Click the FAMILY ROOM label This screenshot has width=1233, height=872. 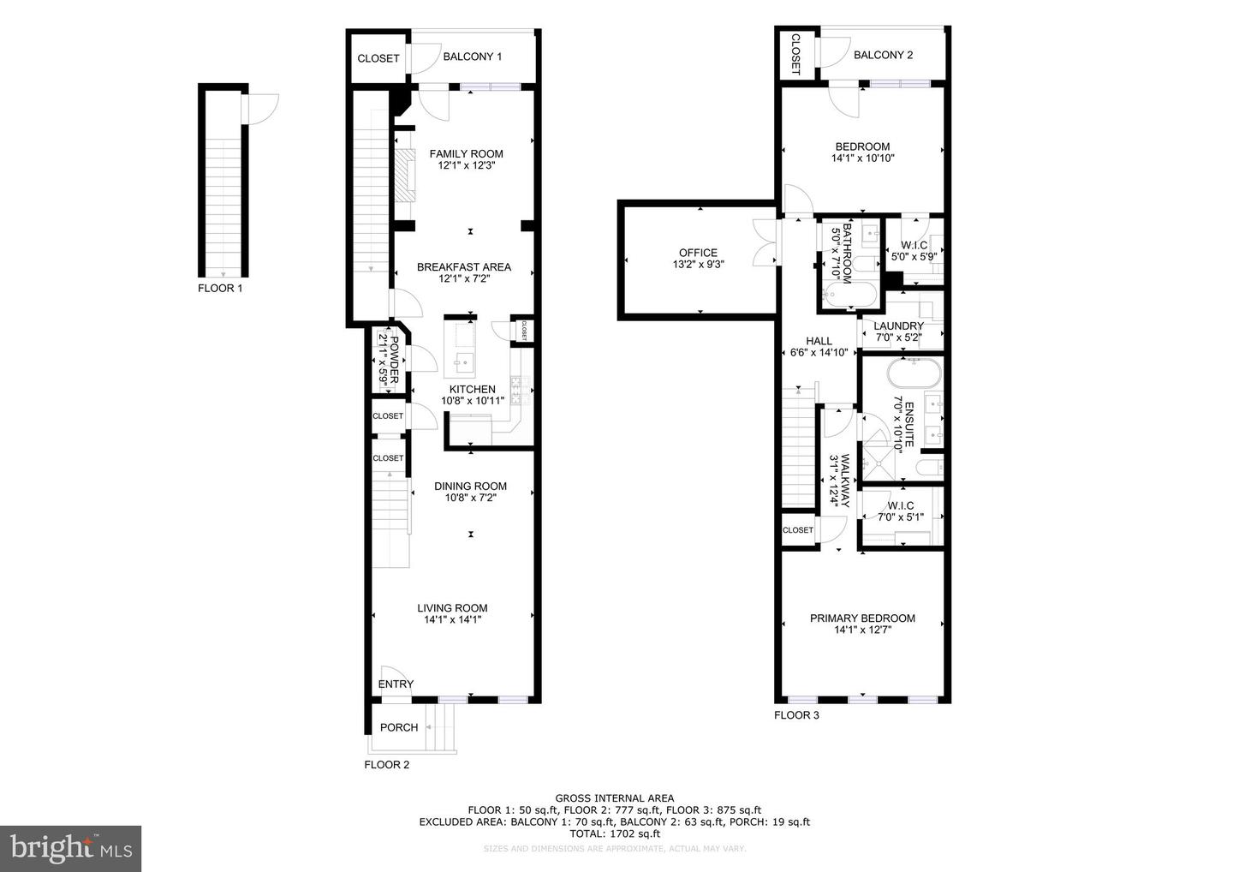467,154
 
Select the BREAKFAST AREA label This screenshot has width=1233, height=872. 464,267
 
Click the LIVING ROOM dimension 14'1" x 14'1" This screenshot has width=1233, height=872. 453,619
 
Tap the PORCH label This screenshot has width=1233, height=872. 399,727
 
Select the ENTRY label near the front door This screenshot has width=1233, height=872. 396,684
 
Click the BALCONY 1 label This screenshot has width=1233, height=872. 473,57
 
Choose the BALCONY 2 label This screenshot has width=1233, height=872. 884,55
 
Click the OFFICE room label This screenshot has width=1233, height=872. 698,253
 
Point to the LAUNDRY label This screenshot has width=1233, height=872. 899,326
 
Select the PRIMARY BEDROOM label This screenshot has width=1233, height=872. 862,618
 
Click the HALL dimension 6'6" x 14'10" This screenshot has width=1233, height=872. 819,352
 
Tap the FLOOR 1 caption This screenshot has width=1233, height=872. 220,289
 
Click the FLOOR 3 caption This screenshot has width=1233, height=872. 796,715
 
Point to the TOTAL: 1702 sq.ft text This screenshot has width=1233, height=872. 614,833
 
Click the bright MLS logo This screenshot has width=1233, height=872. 70,848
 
